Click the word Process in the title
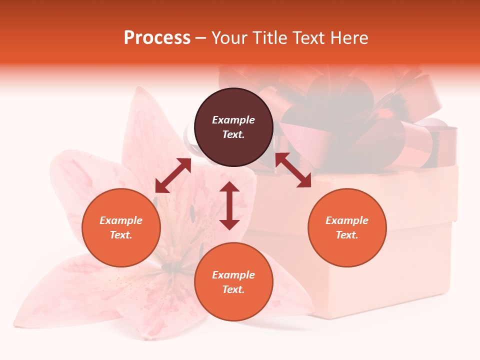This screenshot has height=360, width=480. [x=157, y=38]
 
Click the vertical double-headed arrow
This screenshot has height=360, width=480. [x=229, y=205]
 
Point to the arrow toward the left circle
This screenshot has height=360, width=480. [x=173, y=175]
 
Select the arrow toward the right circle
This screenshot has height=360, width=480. [x=293, y=170]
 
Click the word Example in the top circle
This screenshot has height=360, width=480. [x=233, y=120]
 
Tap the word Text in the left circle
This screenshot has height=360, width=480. [x=121, y=235]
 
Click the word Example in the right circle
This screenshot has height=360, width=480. [x=347, y=220]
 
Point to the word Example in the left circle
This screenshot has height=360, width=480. [x=121, y=220]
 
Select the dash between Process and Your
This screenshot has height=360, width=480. [x=200, y=38]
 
